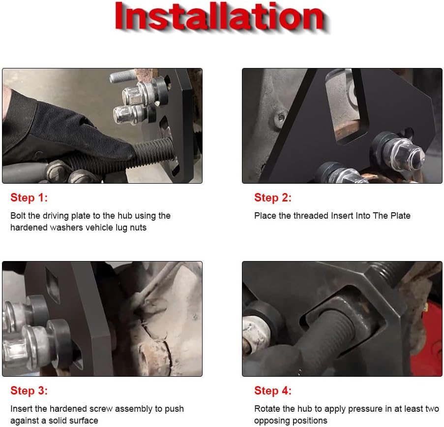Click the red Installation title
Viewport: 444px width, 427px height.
pos(219,16)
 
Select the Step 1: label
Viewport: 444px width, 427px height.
pos(29,198)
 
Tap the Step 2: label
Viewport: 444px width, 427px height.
pos(273,198)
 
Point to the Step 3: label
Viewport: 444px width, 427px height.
pos(29,391)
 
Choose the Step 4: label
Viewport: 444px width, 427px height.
pos(273,391)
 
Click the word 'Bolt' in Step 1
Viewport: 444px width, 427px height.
pos(18,216)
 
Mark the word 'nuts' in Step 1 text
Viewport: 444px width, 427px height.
pos(139,228)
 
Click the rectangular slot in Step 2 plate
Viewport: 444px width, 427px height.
pos(346,108)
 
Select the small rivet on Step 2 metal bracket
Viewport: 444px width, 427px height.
pos(281,117)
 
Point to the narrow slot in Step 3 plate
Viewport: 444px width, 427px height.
pos(53,286)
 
